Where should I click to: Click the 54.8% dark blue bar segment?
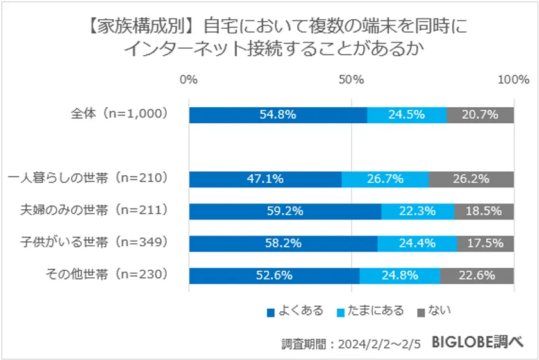pyautogui.click(x=278, y=115)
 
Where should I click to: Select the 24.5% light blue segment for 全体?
pyautogui.click(x=407, y=115)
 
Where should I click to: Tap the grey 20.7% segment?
pyautogui.click(x=480, y=115)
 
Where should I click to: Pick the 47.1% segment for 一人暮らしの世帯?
pyautogui.click(x=265, y=179)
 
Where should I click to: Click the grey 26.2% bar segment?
pyautogui.click(x=471, y=179)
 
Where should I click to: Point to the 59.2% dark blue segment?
pyautogui.click(x=285, y=211)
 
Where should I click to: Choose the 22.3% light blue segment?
pyautogui.click(x=418, y=211)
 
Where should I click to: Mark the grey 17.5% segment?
pyautogui.click(x=485, y=243)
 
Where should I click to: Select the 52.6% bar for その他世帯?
pyautogui.click(x=274, y=275)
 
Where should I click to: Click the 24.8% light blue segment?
pyautogui.click(x=400, y=275)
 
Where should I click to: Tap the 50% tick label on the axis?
pyautogui.click(x=351, y=79)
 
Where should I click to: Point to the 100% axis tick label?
pyautogui.click(x=513, y=79)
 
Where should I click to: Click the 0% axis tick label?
pyautogui.click(x=189, y=79)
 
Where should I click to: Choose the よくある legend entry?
pyautogui.click(x=295, y=311)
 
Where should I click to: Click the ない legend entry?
pyautogui.click(x=434, y=311)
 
